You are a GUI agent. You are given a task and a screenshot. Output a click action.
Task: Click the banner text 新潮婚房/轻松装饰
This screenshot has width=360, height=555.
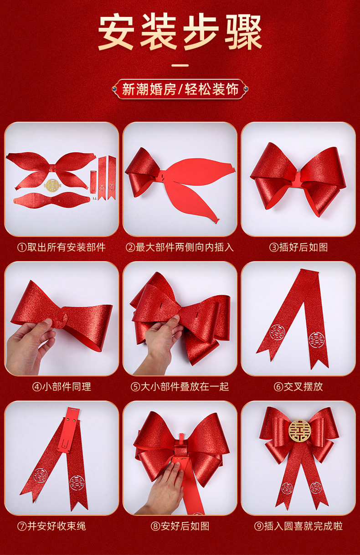(180, 89)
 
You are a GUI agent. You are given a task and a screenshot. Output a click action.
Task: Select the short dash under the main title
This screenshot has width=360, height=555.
(180, 66)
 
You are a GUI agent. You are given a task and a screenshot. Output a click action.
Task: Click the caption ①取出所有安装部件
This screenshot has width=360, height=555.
(62, 247)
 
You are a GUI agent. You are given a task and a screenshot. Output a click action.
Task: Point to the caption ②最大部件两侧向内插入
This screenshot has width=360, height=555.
(180, 247)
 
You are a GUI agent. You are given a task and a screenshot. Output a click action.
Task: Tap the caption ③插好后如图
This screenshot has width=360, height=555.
(298, 247)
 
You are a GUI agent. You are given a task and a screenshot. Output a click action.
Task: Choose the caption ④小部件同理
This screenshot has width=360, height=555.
(62, 386)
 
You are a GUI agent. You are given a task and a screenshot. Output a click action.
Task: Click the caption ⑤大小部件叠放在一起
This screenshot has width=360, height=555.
(180, 386)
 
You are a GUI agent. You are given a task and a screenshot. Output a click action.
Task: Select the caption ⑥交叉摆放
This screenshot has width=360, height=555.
(298, 386)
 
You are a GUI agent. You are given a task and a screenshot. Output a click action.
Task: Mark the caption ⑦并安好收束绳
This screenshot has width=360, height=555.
(51, 526)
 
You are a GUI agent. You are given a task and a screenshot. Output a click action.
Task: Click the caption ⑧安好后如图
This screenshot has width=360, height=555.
(180, 526)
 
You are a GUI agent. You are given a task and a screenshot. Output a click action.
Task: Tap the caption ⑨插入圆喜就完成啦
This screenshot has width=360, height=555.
(298, 526)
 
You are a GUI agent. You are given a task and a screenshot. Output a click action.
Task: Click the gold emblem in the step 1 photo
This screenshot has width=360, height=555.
(52, 185)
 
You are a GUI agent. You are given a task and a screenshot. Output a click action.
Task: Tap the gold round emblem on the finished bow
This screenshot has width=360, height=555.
(299, 431)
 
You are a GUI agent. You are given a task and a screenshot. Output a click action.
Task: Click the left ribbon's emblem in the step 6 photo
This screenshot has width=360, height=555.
(277, 332)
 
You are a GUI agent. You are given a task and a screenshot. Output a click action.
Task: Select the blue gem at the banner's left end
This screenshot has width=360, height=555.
(114, 88)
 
